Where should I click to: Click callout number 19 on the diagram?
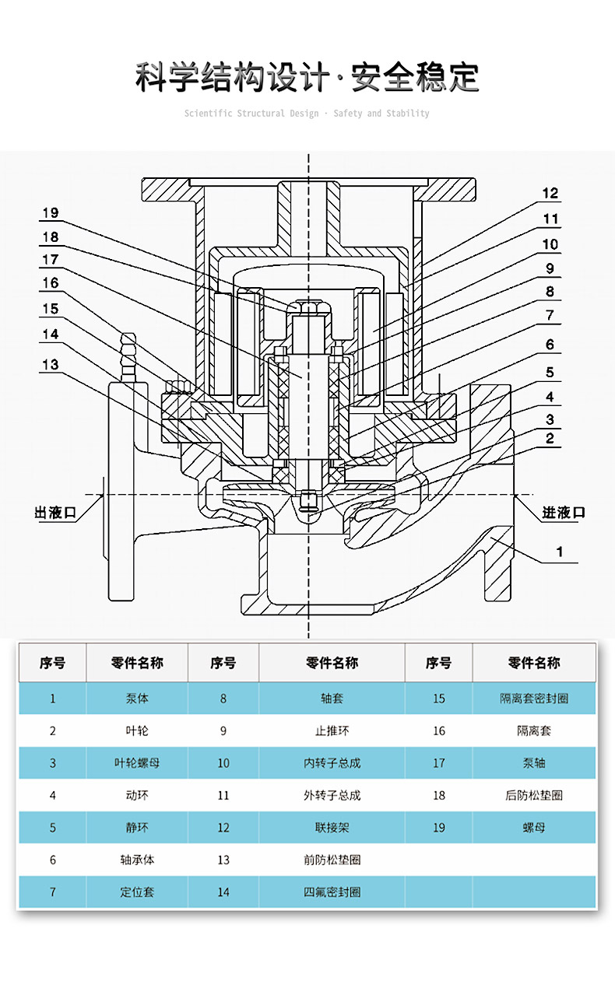pyautogui.click(x=50, y=213)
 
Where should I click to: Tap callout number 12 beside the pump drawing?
pyautogui.click(x=550, y=194)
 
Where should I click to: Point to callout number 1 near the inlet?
pyautogui.click(x=559, y=552)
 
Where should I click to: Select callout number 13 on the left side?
pyautogui.click(x=50, y=365)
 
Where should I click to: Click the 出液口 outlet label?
pyautogui.click(x=55, y=513)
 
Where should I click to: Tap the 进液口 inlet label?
pyautogui.click(x=564, y=513)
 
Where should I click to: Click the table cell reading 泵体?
pyautogui.click(x=137, y=699)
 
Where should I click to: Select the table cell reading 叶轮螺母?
pyautogui.click(x=137, y=763)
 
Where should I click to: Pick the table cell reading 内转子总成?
pyautogui.click(x=332, y=763)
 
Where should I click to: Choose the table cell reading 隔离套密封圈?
pyautogui.click(x=533, y=699)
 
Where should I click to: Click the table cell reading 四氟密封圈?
pyautogui.click(x=332, y=892)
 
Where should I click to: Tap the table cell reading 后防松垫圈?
pyautogui.click(x=533, y=795)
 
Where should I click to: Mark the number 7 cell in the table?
pyautogui.click(x=53, y=892)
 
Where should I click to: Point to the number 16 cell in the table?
pyautogui.click(x=439, y=731)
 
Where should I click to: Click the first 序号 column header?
pyautogui.click(x=53, y=663)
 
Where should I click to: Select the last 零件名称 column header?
pyautogui.click(x=533, y=663)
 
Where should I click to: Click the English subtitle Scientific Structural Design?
pyautogui.click(x=251, y=114)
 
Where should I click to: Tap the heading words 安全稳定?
pyautogui.click(x=415, y=78)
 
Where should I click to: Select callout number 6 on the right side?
pyautogui.click(x=550, y=345)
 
